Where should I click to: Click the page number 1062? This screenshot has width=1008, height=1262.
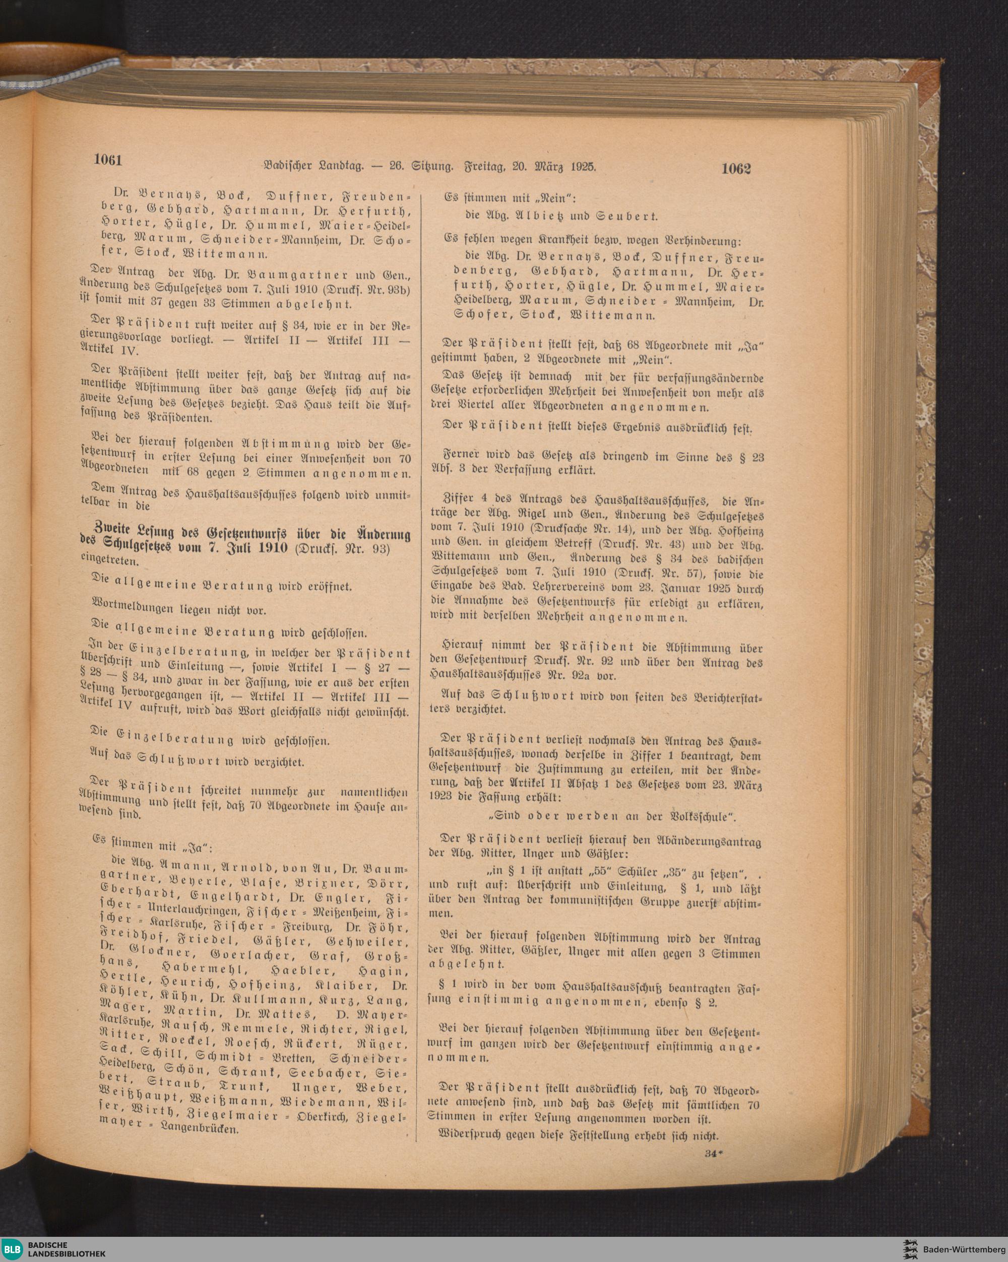tap(736, 169)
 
